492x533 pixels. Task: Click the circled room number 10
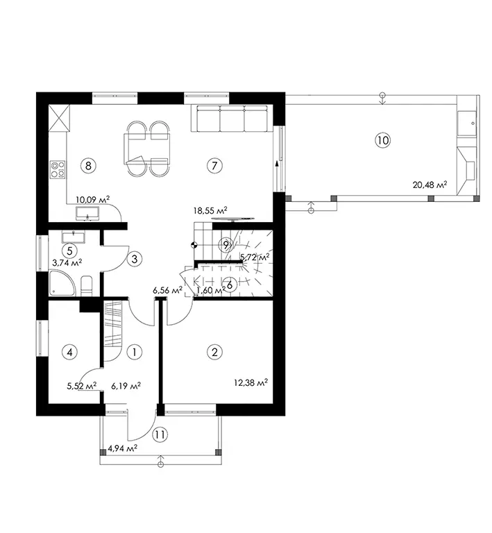pyautogui.click(x=382, y=140)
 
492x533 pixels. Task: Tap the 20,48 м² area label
pyautogui.click(x=430, y=185)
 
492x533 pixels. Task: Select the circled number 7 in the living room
pyautogui.click(x=214, y=166)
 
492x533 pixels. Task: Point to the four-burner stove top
pyautogui.click(x=58, y=169)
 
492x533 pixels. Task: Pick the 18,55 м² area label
pyautogui.click(x=210, y=210)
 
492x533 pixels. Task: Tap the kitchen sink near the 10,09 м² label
pyautogui.click(x=88, y=213)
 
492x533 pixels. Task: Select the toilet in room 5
pyautogui.click(x=87, y=286)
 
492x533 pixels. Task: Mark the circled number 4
pyautogui.click(x=69, y=352)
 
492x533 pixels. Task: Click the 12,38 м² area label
pyautogui.click(x=251, y=383)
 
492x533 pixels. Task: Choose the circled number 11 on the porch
pyautogui.click(x=160, y=434)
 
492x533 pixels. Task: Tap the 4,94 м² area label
pyautogui.click(x=122, y=449)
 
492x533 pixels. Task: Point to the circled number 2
pyautogui.click(x=214, y=352)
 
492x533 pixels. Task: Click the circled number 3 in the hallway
pyautogui.click(x=134, y=259)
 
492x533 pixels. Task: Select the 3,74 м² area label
pyautogui.click(x=67, y=263)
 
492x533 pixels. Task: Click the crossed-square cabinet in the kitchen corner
pyautogui.click(x=60, y=118)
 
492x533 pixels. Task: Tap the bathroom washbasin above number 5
pyautogui.click(x=74, y=237)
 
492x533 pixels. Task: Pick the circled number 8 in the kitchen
pyautogui.click(x=88, y=166)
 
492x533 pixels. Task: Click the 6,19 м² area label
pyautogui.click(x=126, y=386)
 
